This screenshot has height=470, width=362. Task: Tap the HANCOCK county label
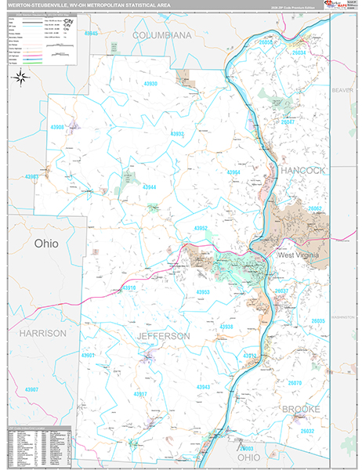[x=302, y=169]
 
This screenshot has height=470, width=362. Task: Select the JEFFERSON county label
[x=163, y=335]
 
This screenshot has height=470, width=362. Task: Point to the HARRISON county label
[x=42, y=333]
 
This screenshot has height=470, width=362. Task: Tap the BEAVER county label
[x=342, y=90]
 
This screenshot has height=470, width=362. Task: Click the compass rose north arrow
[x=21, y=77]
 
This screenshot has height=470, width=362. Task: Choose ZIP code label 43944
[x=149, y=187]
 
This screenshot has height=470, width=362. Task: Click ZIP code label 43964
[x=233, y=172]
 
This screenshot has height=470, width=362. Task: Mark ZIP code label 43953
[x=203, y=291]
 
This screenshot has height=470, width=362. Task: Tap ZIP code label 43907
[x=31, y=389]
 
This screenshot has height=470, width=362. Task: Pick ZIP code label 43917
[x=139, y=393]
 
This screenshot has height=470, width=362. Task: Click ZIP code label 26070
[x=295, y=383]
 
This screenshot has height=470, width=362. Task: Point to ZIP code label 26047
[x=288, y=122]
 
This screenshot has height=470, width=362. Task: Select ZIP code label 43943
[x=203, y=387]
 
